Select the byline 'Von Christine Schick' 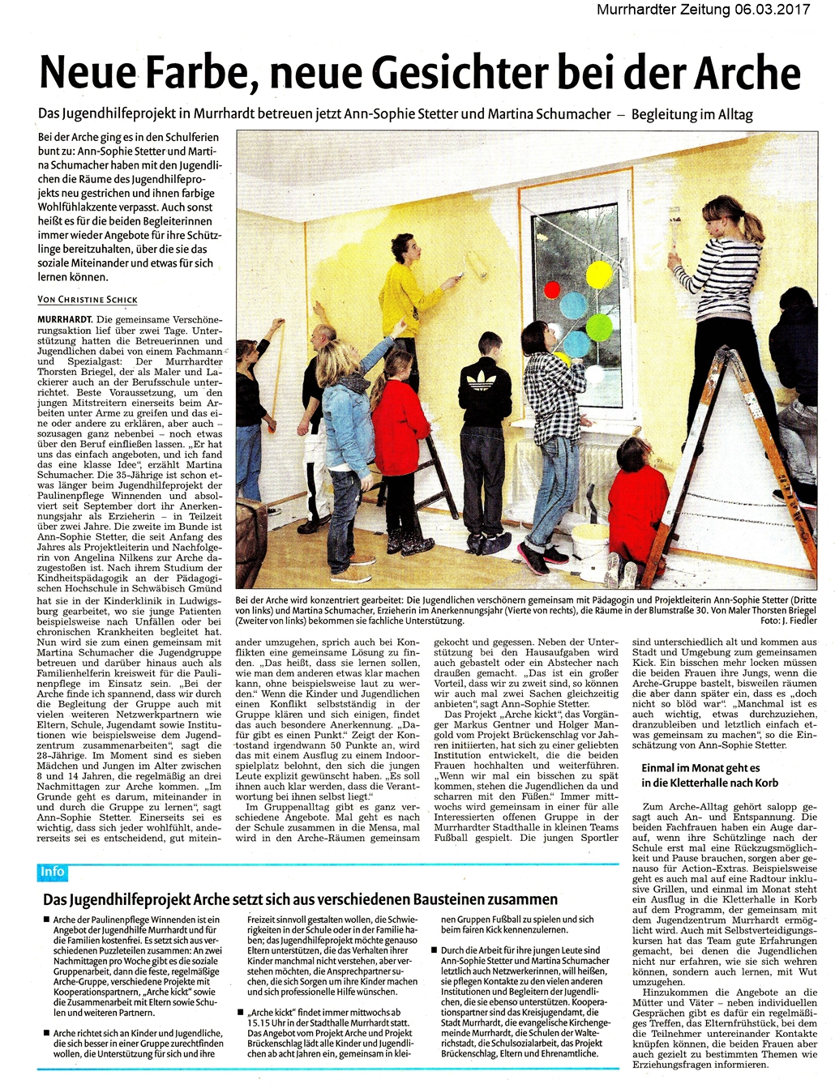coord(88,300)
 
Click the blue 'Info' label coord(52,872)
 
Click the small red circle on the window coord(553,289)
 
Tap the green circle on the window coord(599,326)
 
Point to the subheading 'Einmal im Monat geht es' coord(700,767)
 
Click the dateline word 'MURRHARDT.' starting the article coord(65,319)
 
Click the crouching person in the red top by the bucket coord(636,494)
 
